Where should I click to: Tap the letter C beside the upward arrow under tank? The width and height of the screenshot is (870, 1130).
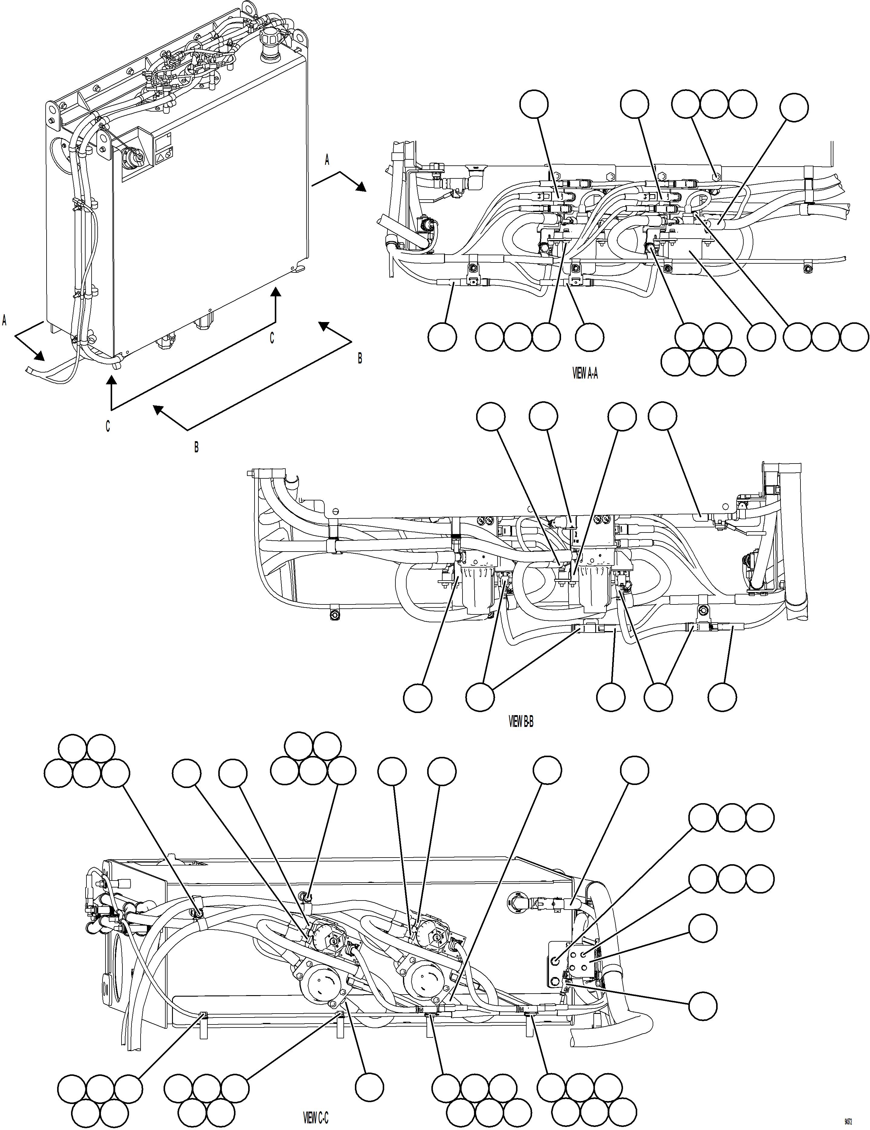tap(271, 338)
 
